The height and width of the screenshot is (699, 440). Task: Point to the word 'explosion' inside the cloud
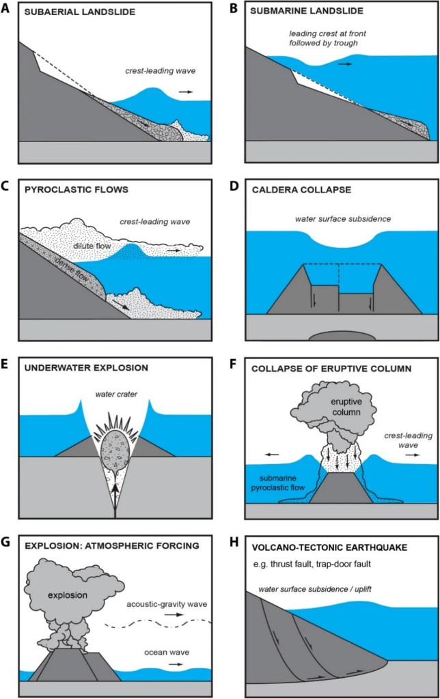tap(68, 595)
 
